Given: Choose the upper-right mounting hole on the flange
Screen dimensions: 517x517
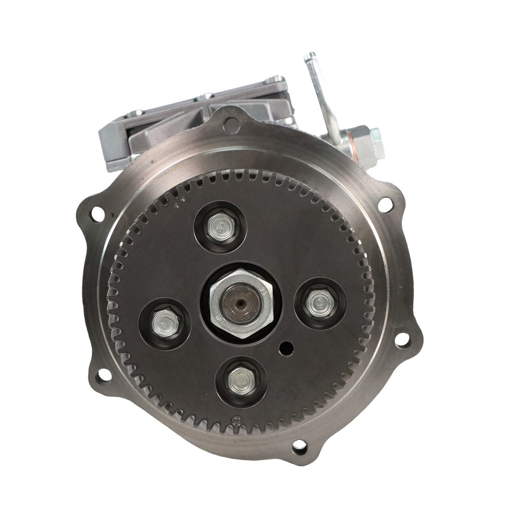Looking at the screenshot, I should tap(383, 205).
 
